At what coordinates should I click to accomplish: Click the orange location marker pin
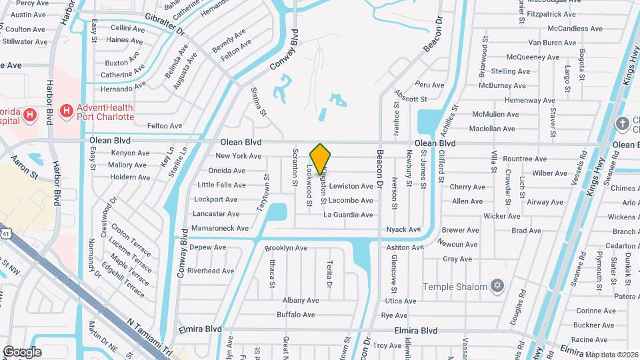[x=321, y=158]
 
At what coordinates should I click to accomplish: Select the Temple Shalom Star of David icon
[x=496, y=287]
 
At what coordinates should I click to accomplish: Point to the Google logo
[x=21, y=351]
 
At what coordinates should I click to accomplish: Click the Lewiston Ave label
[x=351, y=186]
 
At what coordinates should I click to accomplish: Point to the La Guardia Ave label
[x=348, y=215]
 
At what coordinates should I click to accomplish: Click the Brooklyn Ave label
[x=285, y=248]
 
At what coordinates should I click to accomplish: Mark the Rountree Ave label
[x=525, y=159]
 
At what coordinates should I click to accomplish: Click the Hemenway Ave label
[x=530, y=100]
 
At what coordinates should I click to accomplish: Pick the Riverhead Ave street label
[x=211, y=271]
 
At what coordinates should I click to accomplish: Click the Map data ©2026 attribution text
[x=612, y=355]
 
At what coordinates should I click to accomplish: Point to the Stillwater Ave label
[x=23, y=41]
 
